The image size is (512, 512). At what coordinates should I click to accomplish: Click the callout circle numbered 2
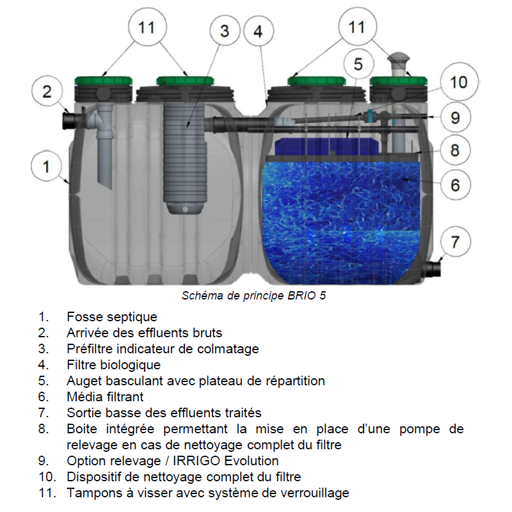(x=47, y=92)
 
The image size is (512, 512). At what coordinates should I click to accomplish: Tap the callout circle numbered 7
(x=455, y=242)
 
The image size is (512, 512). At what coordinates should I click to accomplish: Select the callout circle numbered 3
(x=225, y=31)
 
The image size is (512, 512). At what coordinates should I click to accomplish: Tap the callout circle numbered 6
(x=455, y=185)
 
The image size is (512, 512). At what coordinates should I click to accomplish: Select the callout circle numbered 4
(x=259, y=31)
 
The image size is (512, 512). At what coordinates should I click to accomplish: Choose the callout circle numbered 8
(x=455, y=150)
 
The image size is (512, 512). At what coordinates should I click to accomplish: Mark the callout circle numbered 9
(x=455, y=118)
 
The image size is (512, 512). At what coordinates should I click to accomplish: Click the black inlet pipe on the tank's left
(x=71, y=120)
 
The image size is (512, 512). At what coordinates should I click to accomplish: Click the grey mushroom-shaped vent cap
(x=398, y=60)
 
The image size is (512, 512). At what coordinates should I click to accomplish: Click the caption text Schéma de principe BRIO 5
(x=253, y=296)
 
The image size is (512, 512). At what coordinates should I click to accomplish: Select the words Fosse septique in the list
(x=112, y=317)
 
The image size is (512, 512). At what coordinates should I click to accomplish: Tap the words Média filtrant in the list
(x=105, y=397)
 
